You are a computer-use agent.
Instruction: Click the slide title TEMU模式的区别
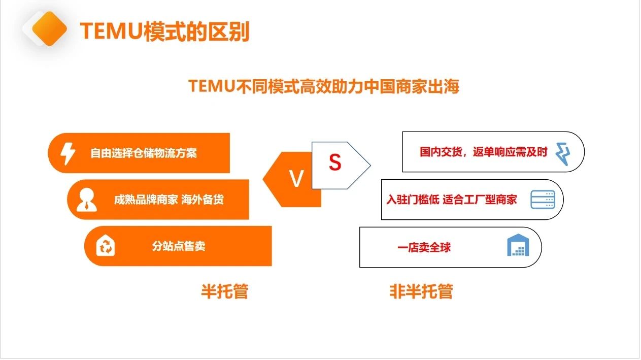(x=164, y=31)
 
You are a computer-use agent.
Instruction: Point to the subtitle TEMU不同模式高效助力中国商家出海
(x=323, y=86)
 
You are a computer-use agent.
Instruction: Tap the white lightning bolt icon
(x=68, y=153)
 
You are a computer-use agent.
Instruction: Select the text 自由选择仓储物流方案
(x=144, y=153)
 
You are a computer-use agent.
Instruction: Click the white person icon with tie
(x=86, y=200)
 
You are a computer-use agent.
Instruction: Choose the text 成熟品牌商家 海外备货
(x=168, y=200)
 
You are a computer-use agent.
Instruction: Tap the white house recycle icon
(x=106, y=246)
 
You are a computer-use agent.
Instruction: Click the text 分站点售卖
(x=179, y=247)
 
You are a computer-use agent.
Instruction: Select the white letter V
(x=296, y=179)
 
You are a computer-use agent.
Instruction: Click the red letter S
(x=334, y=162)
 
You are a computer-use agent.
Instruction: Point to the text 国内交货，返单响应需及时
(x=484, y=152)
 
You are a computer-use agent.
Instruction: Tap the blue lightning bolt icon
(x=562, y=153)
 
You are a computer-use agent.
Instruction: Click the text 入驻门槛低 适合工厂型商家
(x=451, y=200)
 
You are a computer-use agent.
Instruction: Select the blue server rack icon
(x=543, y=200)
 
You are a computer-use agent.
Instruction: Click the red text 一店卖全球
(x=424, y=248)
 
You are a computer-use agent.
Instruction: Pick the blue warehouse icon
(x=518, y=246)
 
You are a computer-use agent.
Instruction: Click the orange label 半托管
(x=224, y=291)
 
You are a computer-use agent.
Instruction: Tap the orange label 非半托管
(x=421, y=291)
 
